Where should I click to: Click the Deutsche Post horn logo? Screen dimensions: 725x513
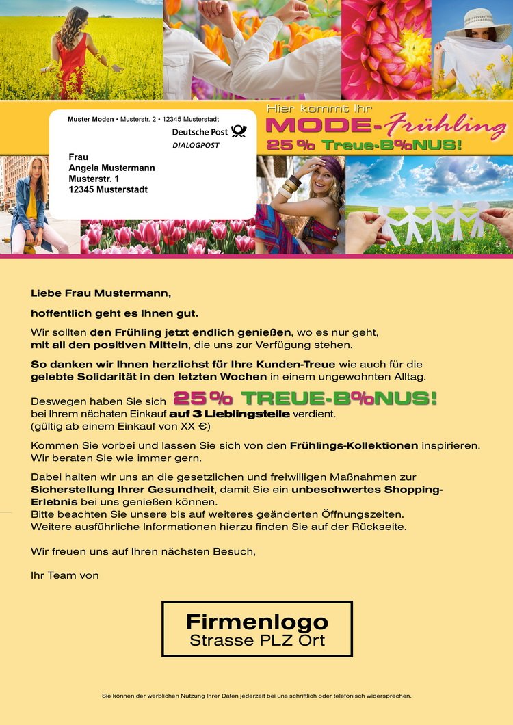[239, 131]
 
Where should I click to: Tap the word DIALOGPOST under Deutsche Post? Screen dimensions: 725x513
[196, 145]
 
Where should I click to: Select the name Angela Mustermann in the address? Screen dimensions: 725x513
[111, 168]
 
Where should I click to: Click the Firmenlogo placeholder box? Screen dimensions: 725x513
[256, 629]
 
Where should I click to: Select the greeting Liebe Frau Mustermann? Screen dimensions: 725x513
[101, 293]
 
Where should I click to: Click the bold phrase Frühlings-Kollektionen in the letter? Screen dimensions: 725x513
[354, 445]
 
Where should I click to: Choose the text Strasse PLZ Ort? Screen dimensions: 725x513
[257, 641]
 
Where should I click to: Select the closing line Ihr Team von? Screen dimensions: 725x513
[65, 575]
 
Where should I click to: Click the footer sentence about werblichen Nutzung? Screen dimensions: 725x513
[256, 696]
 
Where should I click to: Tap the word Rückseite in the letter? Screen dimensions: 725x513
[380, 527]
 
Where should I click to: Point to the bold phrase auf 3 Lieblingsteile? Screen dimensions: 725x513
[229, 414]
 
